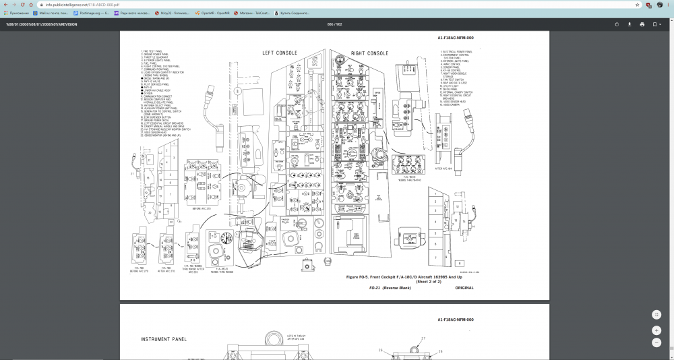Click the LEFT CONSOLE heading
282,53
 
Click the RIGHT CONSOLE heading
369,53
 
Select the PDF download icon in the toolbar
629,24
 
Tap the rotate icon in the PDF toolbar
617,24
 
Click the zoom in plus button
656,330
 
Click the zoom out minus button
656,342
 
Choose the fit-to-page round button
656,315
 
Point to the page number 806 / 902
334,24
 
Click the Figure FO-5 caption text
404,277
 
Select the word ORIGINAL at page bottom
464,288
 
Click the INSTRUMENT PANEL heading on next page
164,339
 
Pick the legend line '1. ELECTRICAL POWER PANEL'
456,51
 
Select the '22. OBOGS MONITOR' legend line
161,136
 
